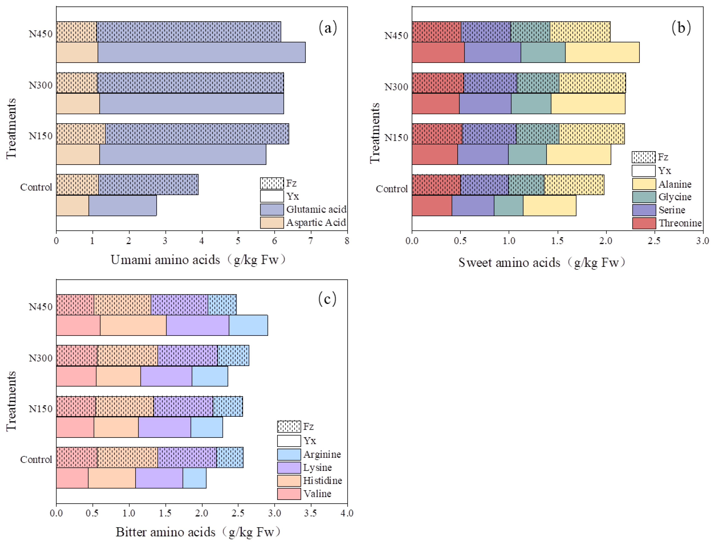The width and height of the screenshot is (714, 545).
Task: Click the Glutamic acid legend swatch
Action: (x=272, y=210)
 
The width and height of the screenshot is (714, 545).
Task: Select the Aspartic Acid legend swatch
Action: (x=272, y=222)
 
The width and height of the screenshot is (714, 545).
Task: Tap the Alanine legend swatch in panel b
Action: (x=644, y=184)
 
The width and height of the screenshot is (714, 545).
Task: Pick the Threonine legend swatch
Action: (x=644, y=223)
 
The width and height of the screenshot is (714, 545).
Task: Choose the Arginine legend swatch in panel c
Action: (x=289, y=454)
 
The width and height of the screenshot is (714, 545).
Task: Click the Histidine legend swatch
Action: (x=289, y=481)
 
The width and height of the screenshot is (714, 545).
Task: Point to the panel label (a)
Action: (x=328, y=28)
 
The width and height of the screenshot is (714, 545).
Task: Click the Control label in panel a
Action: (x=36, y=187)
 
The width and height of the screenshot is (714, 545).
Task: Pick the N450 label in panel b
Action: (x=396, y=35)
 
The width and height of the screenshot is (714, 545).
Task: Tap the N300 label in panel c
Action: (x=41, y=358)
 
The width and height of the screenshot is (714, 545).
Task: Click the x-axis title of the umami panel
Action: (x=199, y=260)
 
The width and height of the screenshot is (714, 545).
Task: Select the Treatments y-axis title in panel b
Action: (x=375, y=133)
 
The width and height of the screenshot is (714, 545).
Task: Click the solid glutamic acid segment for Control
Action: (x=123, y=205)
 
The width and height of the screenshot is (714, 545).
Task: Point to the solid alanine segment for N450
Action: (x=602, y=52)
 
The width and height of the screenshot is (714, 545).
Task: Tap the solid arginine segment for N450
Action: (x=248, y=325)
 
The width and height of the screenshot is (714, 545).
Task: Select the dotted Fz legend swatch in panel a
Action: (x=272, y=183)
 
